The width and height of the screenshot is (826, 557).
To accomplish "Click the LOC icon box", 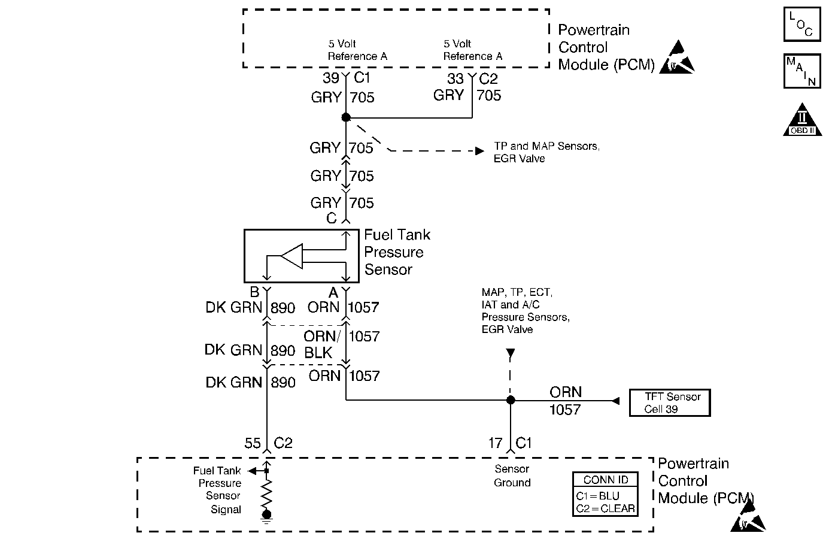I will pyautogui.click(x=801, y=25).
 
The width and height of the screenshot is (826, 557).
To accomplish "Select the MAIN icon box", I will pyautogui.click(x=801, y=71).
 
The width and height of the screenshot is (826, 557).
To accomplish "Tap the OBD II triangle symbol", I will pyautogui.click(x=802, y=120).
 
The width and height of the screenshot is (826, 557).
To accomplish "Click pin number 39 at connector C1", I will pyautogui.click(x=331, y=78).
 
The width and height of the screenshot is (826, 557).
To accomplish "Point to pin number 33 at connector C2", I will pyautogui.click(x=455, y=79).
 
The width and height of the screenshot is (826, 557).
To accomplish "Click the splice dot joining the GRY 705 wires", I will pyautogui.click(x=346, y=117).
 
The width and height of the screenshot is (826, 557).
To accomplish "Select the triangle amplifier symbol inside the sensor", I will pyautogui.click(x=292, y=256).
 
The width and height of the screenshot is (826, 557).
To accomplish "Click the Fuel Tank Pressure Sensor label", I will pyautogui.click(x=397, y=252).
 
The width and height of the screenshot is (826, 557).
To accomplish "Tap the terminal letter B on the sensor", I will pyautogui.click(x=254, y=292).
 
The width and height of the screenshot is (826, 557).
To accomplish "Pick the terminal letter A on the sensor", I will pyautogui.click(x=333, y=292).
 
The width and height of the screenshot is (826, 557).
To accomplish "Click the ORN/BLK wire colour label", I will pyautogui.click(x=321, y=344).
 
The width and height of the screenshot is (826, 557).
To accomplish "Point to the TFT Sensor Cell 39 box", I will pyautogui.click(x=669, y=403).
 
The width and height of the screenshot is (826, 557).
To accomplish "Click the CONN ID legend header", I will pyautogui.click(x=606, y=480).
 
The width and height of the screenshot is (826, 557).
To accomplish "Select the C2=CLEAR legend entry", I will pyautogui.click(x=605, y=508).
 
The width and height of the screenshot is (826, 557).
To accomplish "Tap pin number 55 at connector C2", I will pyautogui.click(x=253, y=443).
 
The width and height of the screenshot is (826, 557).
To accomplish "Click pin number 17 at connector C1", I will pyautogui.click(x=495, y=443).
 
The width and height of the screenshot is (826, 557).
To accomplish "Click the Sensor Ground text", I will pyautogui.click(x=512, y=476).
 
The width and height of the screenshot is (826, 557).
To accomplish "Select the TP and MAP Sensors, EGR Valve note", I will pyautogui.click(x=546, y=152).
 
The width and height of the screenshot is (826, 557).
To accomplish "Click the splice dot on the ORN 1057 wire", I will pyautogui.click(x=511, y=400).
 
